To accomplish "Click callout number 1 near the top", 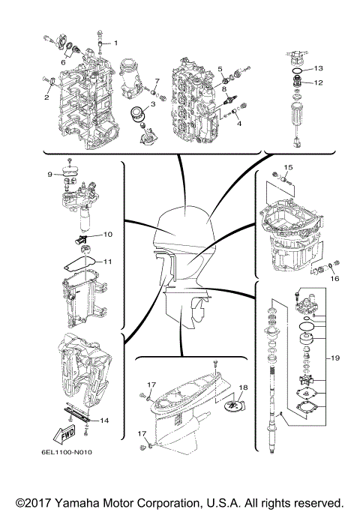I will pyautogui.click(x=115, y=34).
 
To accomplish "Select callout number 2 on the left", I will pyautogui.click(x=46, y=97).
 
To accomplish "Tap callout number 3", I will pyautogui.click(x=152, y=104).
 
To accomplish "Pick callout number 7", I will pyautogui.click(x=157, y=80).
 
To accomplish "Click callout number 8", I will pyautogui.click(x=223, y=89).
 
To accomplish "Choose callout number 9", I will pyautogui.click(x=49, y=174).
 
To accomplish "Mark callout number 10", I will pyautogui.click(x=107, y=235).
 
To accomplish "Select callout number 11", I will pyautogui.click(x=107, y=262).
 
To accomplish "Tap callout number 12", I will pyautogui.click(x=318, y=82).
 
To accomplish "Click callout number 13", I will pyautogui.click(x=318, y=67).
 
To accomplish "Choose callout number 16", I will pyautogui.click(x=334, y=277).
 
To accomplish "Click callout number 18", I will pyautogui.click(x=242, y=388).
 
